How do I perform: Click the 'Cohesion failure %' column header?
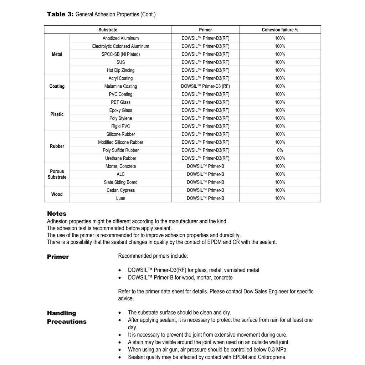[x=280, y=30]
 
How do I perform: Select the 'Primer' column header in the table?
[x=205, y=30]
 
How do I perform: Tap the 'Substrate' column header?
[x=108, y=30]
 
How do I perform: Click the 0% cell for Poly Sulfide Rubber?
[x=280, y=150]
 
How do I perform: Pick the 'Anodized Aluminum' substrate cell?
[x=120, y=38]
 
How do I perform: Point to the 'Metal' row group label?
[x=57, y=54]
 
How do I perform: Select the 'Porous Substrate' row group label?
[x=57, y=174]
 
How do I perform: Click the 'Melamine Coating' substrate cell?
[x=120, y=86]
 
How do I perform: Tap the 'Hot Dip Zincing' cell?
[x=120, y=70]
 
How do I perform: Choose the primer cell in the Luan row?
[x=205, y=198]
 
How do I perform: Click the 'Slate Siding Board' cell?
[x=120, y=182]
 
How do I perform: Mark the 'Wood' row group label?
[x=57, y=194]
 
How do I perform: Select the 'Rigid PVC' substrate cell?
[x=120, y=126]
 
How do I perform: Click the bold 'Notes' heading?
[x=57, y=214]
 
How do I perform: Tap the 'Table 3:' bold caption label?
[x=60, y=14]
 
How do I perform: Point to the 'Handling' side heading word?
[x=62, y=313]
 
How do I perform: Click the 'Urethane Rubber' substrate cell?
[x=120, y=158]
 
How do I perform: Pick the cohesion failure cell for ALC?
[x=280, y=174]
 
